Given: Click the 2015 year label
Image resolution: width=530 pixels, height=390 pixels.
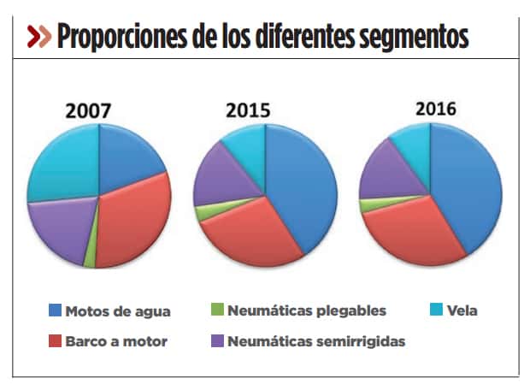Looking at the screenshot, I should pyautogui.click(x=248, y=111).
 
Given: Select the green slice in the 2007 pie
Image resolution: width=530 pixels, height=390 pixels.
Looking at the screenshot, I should pyautogui.click(x=90, y=257).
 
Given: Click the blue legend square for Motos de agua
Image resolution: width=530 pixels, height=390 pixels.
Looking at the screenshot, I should pyautogui.click(x=56, y=310).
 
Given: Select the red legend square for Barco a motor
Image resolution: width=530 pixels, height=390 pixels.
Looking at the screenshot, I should pyautogui.click(x=56, y=341).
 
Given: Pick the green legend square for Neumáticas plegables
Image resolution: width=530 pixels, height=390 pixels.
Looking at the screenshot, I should pyautogui.click(x=217, y=310).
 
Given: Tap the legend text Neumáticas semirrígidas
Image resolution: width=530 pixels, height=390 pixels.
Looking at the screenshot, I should pyautogui.click(x=316, y=341).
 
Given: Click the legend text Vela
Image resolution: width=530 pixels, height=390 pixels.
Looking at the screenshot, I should pyautogui.click(x=461, y=310).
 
